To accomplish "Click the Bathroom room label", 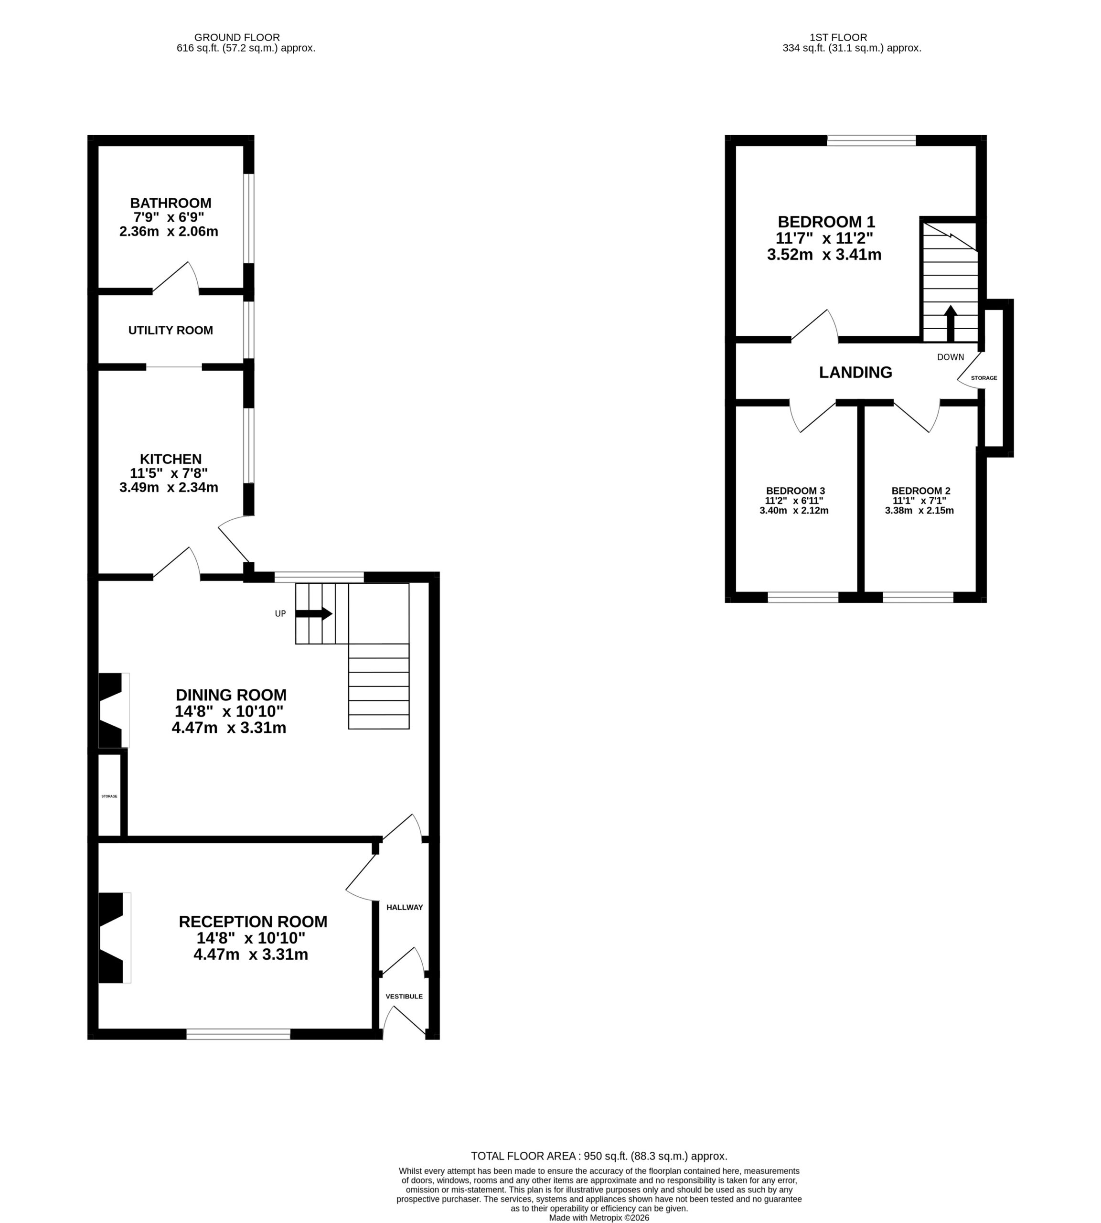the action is (171, 203).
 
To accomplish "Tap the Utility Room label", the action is (171, 331).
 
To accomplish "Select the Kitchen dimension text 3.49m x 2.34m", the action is (169, 487).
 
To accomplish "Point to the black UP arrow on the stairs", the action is (314, 613).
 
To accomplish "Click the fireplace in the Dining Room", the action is (114, 710).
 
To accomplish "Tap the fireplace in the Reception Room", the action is (114, 937).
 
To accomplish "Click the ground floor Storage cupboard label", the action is (109, 796).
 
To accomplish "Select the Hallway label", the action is (405, 907).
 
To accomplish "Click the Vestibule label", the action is (404, 996).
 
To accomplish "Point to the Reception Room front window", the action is (238, 1034).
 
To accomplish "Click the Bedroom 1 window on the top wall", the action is (871, 140).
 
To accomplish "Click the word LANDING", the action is (855, 372).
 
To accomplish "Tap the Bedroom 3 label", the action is (795, 491).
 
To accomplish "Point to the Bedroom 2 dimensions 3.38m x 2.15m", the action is (919, 510).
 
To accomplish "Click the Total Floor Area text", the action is (599, 1156).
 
